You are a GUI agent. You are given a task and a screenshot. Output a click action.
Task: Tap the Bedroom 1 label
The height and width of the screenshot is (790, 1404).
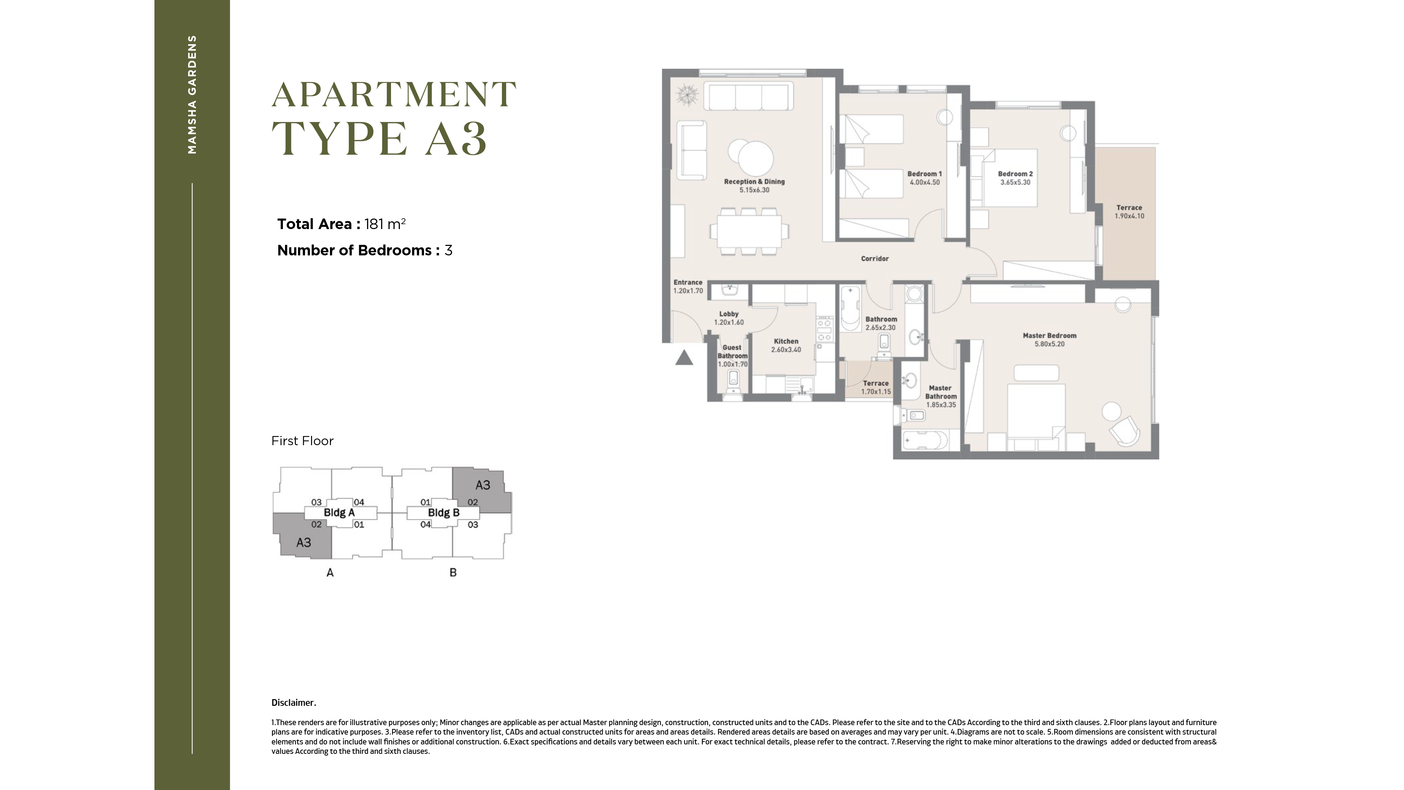tap(925, 174)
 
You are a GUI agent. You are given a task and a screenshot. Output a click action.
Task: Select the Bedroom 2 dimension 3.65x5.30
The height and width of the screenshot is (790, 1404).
tap(1015, 182)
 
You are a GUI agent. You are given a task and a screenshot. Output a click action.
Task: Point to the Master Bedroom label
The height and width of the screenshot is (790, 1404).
tap(1050, 336)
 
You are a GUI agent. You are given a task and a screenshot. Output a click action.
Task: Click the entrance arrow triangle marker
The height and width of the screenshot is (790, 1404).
tap(684, 358)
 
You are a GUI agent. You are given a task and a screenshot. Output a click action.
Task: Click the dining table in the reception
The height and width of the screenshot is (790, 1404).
tap(749, 232)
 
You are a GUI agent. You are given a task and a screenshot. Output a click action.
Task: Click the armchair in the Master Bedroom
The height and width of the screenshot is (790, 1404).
tap(1124, 430)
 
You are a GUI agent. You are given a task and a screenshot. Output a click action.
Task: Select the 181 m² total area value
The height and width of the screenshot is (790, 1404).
tap(385, 224)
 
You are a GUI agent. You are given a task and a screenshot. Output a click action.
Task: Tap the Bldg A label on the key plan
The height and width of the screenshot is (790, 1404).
tap(339, 513)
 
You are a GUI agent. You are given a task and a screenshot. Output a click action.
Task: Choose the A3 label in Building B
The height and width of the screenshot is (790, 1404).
tap(483, 485)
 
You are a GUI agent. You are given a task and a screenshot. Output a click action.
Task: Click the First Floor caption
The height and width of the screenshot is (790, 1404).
tap(303, 441)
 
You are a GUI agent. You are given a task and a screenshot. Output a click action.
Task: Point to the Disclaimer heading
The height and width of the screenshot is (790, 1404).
tap(294, 703)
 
